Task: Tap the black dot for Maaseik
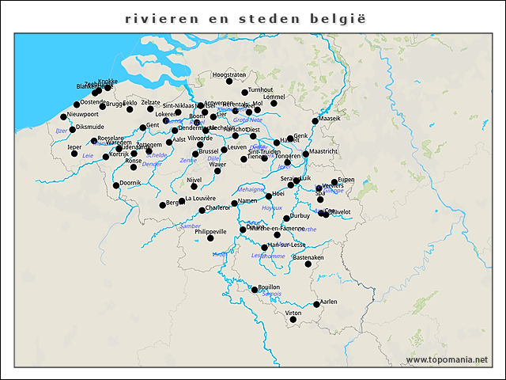tap(315, 121)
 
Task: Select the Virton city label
tap(293, 313)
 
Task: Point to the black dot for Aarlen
tap(316, 304)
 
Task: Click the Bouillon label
tap(269, 287)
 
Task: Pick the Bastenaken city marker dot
tap(308, 264)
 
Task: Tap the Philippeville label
tap(205, 231)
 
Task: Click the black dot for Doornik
tap(116, 185)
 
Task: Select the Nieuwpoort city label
tap(83, 114)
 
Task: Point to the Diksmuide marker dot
tap(72, 129)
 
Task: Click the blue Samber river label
tap(191, 226)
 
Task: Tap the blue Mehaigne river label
tap(250, 189)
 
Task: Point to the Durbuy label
tap(300, 215)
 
